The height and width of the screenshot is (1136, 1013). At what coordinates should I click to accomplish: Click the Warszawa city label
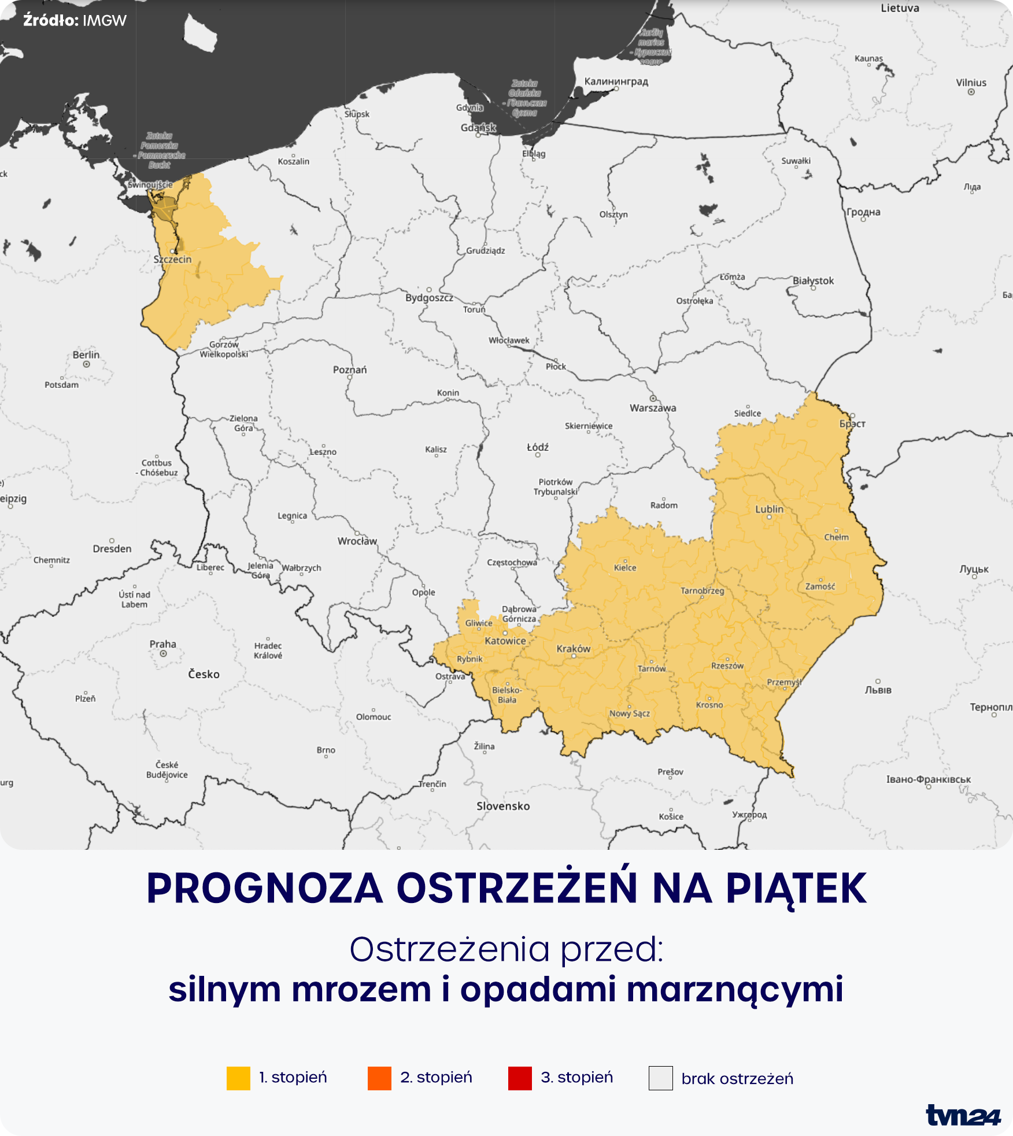(x=653, y=408)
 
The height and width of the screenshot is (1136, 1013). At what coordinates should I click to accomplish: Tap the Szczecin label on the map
(x=172, y=259)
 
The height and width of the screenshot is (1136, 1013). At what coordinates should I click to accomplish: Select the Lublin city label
(x=769, y=509)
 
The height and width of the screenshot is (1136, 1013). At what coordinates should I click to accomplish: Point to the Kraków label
(x=574, y=649)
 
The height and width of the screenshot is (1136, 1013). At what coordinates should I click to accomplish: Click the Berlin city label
(x=86, y=354)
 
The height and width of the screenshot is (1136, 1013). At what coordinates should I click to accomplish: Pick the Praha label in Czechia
(x=163, y=644)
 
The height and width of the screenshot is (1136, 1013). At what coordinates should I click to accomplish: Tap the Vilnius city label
(x=971, y=83)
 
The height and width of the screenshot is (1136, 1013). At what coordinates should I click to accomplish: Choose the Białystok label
(x=813, y=280)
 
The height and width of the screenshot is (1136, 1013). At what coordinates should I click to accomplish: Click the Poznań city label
(x=350, y=369)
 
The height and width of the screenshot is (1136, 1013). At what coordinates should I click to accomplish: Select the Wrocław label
(x=357, y=541)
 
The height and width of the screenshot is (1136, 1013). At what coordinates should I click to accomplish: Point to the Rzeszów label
(x=727, y=666)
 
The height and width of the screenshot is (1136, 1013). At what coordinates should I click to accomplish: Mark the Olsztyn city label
(x=613, y=214)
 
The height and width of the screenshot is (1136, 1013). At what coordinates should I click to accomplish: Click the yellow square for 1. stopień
(x=238, y=1078)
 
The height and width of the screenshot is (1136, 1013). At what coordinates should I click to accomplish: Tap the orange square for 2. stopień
(x=379, y=1078)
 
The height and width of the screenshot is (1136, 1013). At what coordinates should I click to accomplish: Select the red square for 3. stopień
(x=520, y=1078)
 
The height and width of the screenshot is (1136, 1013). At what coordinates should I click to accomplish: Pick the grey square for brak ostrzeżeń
(x=660, y=1078)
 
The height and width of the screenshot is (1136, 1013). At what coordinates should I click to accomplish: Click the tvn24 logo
(x=963, y=1115)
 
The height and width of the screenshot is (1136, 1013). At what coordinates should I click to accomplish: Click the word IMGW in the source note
(x=105, y=21)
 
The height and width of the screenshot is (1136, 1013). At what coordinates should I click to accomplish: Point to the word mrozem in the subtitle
(x=361, y=989)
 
